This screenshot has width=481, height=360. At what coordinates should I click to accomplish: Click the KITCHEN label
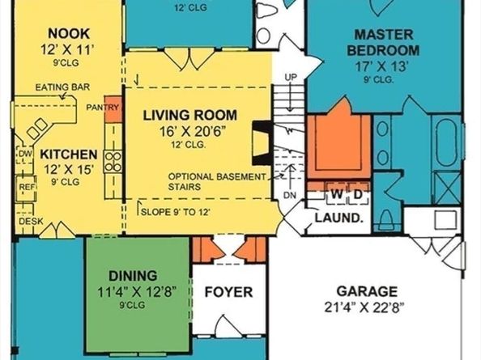(70, 154)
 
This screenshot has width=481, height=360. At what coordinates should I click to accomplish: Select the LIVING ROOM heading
(187, 114)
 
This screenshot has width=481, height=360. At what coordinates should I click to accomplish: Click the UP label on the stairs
(292, 76)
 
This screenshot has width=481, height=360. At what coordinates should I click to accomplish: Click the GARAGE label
(368, 290)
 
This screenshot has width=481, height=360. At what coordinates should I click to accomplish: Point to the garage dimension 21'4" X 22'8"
(368, 307)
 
